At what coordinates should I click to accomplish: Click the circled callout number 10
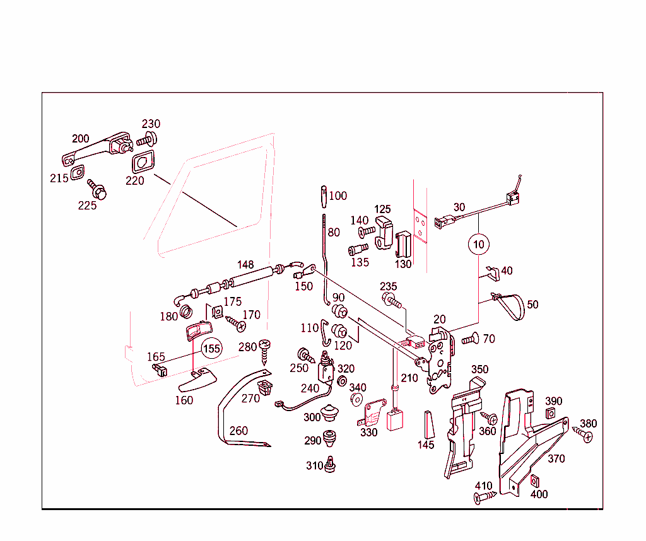click(x=478, y=243)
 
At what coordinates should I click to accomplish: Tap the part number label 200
click(x=81, y=139)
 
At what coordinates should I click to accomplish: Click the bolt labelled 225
click(x=97, y=189)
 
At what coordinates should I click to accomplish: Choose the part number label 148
click(x=245, y=264)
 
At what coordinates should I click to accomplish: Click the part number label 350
click(x=479, y=369)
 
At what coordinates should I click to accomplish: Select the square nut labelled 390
click(x=549, y=414)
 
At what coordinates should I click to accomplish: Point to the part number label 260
click(x=238, y=431)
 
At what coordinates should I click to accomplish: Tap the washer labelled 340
click(x=355, y=400)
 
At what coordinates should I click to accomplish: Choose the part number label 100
click(x=338, y=196)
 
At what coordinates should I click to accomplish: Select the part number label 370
click(x=556, y=459)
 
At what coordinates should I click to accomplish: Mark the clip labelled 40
click(x=492, y=272)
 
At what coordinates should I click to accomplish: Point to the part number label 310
click(x=314, y=466)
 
